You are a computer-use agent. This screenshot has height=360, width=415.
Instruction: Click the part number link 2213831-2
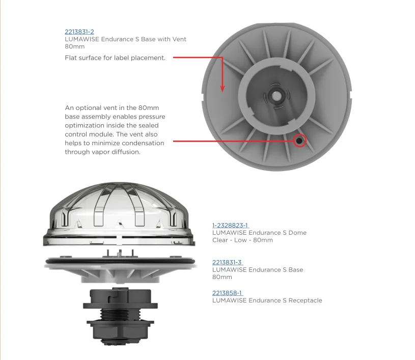[79, 32]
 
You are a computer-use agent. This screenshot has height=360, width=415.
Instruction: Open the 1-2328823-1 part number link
[230, 225]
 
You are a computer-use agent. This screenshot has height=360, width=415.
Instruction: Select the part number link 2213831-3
[227, 262]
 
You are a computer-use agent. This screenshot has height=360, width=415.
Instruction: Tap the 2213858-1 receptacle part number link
[227, 293]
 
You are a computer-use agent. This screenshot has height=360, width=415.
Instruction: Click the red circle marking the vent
[299, 141]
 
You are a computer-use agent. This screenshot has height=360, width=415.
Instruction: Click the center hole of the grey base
[275, 95]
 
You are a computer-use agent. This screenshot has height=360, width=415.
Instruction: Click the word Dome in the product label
[298, 233]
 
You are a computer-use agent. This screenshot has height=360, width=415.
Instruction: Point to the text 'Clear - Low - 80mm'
[242, 240]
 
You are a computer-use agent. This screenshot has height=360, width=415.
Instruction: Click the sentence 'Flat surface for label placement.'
[115, 58]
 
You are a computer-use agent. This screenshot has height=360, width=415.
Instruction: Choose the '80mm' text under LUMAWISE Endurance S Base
[222, 277]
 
